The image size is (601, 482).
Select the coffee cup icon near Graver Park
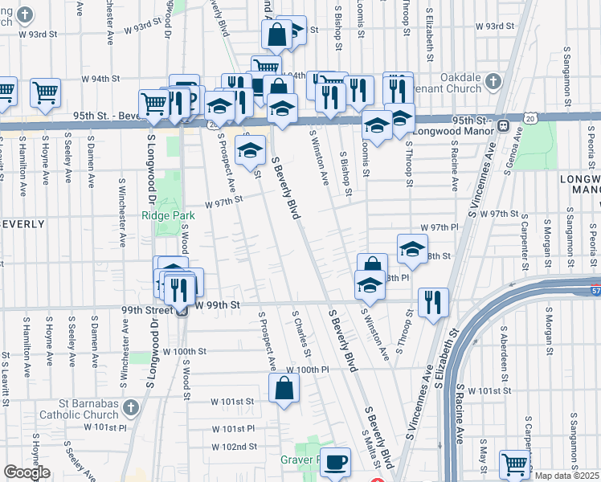335,461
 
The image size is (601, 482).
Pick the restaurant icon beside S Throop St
433,302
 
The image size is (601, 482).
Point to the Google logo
27,473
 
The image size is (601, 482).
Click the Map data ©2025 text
567,476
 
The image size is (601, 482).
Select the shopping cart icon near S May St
513,463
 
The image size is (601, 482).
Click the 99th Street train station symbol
182,312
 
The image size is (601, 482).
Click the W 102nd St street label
234,447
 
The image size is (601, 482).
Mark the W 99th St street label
218,305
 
